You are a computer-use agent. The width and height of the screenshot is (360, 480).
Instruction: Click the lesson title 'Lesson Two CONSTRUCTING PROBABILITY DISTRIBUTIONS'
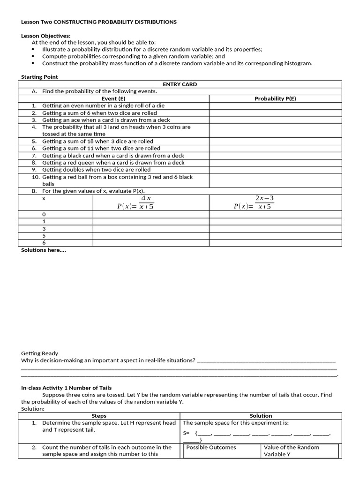99,22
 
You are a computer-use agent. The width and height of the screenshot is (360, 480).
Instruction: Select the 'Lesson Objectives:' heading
46,36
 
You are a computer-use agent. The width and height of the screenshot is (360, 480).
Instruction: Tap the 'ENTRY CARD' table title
180,84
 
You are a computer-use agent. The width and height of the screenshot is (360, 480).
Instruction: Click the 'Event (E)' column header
113,99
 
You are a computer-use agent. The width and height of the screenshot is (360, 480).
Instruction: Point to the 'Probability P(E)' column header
275,99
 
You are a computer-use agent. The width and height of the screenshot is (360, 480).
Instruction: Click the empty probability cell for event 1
275,106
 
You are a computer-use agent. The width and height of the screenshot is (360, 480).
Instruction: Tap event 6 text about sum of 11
101,148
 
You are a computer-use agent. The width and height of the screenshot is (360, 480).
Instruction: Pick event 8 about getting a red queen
113,163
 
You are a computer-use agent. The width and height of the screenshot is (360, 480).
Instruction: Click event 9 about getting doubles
96,170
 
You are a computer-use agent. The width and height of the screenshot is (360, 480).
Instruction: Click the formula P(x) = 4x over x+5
135,202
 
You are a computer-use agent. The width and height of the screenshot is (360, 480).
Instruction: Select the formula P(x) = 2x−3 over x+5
254,202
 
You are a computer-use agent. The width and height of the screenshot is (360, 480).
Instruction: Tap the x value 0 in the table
44,214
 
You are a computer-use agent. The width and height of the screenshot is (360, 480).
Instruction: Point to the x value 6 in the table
44,243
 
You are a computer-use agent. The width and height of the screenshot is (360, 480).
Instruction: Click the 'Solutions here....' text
44,250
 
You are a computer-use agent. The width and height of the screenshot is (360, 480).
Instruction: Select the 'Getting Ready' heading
40,353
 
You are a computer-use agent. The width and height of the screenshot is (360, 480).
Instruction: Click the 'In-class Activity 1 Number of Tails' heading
66,388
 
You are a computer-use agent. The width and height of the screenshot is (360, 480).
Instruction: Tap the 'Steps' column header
99,416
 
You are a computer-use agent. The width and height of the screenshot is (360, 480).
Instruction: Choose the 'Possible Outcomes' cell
211,448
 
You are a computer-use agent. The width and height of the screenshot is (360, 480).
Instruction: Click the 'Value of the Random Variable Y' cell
291,451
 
